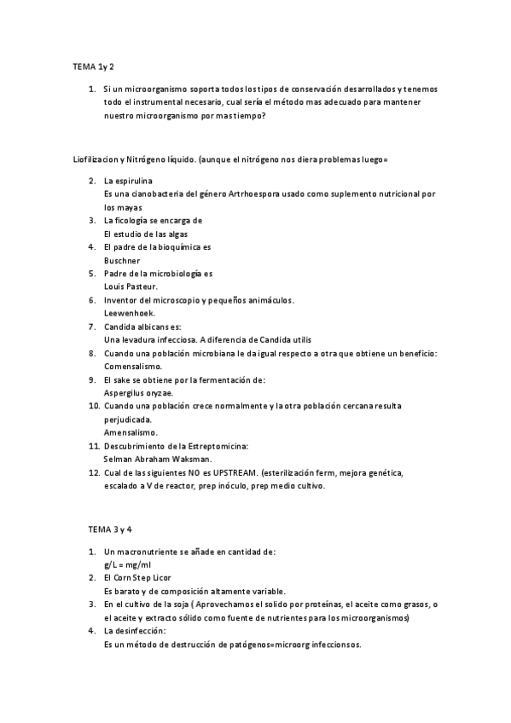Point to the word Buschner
pyautogui.click(x=121, y=260)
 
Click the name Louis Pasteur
pyautogui.click(x=131, y=286)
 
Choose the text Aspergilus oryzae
pyautogui.click(x=138, y=392)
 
